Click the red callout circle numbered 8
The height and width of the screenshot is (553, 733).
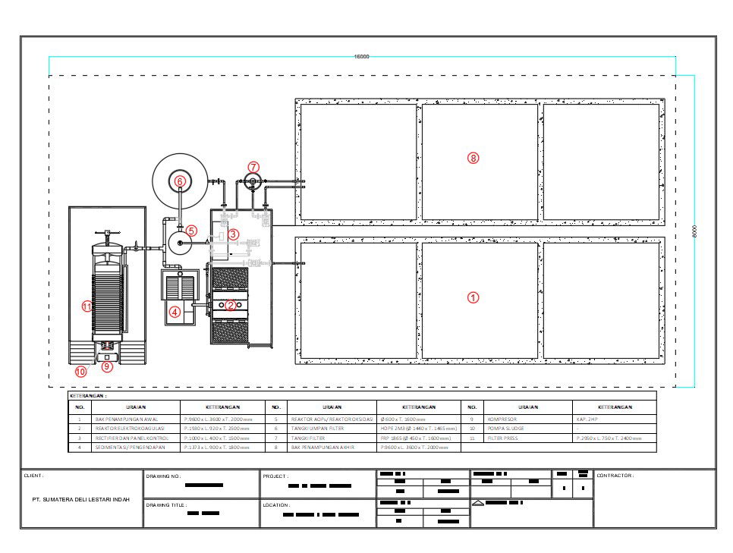(473, 158)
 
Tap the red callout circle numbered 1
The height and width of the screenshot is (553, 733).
(473, 298)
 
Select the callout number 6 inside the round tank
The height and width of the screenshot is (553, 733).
(180, 181)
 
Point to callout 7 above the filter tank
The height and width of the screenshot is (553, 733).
(253, 166)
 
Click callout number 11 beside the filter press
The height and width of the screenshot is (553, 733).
(87, 306)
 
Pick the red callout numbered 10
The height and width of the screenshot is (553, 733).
(80, 372)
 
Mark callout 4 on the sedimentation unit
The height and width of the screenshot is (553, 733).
(175, 311)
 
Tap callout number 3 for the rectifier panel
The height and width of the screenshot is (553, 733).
(234, 234)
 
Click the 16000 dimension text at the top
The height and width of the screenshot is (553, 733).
(363, 57)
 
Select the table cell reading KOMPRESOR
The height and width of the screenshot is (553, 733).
(504, 418)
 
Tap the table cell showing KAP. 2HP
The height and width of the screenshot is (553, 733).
(587, 418)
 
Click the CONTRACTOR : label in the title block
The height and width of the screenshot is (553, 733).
(615, 476)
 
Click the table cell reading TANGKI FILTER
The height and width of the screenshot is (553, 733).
(307, 438)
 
